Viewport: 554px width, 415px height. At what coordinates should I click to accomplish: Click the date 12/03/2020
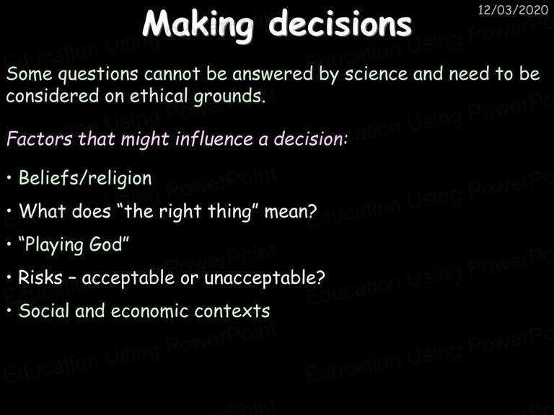[x=513, y=10]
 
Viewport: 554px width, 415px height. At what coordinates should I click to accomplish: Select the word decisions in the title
[x=340, y=24]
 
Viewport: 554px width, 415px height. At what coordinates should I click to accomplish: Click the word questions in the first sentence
[x=98, y=75]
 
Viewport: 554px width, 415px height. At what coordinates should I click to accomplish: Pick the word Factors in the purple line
[x=39, y=138]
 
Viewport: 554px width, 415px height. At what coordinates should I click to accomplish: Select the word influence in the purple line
[x=214, y=138]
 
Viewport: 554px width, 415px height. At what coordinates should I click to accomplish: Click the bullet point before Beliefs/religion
[x=9, y=177]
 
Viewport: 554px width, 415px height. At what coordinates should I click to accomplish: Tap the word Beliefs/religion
[x=85, y=178]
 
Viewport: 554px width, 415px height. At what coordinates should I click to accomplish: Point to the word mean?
[x=291, y=212]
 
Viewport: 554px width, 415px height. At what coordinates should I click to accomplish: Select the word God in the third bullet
[x=105, y=244]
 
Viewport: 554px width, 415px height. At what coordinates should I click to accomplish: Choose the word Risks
[x=40, y=277]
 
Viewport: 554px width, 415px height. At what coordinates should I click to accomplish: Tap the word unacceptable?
[x=265, y=277]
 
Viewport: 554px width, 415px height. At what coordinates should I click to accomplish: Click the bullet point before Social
[x=9, y=311]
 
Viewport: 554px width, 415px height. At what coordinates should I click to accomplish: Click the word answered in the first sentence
[x=273, y=73]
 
